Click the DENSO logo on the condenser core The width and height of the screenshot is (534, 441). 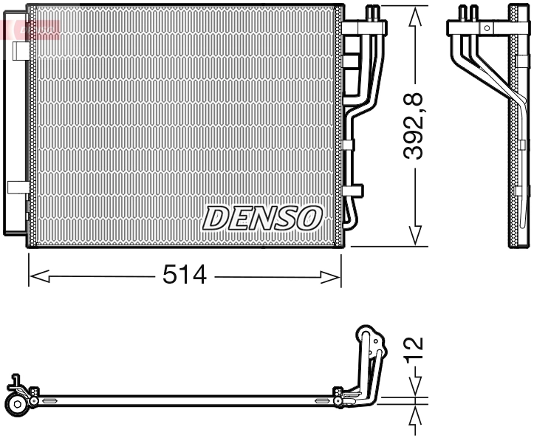click(263, 218)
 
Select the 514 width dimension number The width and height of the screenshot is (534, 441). click(185, 276)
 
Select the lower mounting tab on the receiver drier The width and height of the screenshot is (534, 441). click(16, 187)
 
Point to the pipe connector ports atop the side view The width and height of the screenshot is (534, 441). click(468, 13)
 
